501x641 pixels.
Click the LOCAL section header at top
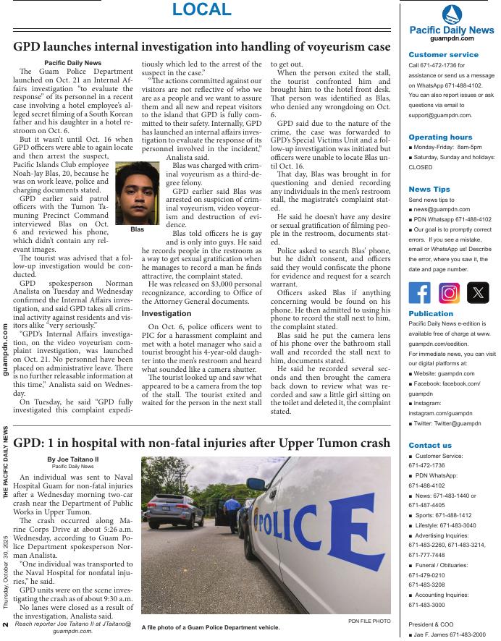pyautogui.click(x=202, y=10)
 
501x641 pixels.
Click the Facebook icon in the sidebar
pyautogui.click(x=420, y=292)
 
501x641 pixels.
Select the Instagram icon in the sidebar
pyautogui.click(x=449, y=292)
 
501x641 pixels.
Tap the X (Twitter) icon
pyautogui.click(x=478, y=292)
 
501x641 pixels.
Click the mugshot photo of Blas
pyautogui.click(x=137, y=193)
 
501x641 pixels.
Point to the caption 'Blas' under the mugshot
pyautogui.click(x=137, y=229)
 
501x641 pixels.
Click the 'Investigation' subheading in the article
pyautogui.click(x=166, y=313)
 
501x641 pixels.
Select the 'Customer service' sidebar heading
pyautogui.click(x=443, y=54)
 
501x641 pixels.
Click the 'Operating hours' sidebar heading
pyautogui.click(x=439, y=137)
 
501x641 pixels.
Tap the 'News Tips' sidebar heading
pyautogui.click(x=429, y=189)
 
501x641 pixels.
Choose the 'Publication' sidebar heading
pyautogui.click(x=431, y=314)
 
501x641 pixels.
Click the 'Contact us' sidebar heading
pyautogui.click(x=430, y=445)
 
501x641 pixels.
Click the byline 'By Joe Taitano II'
pyautogui.click(x=72, y=459)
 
